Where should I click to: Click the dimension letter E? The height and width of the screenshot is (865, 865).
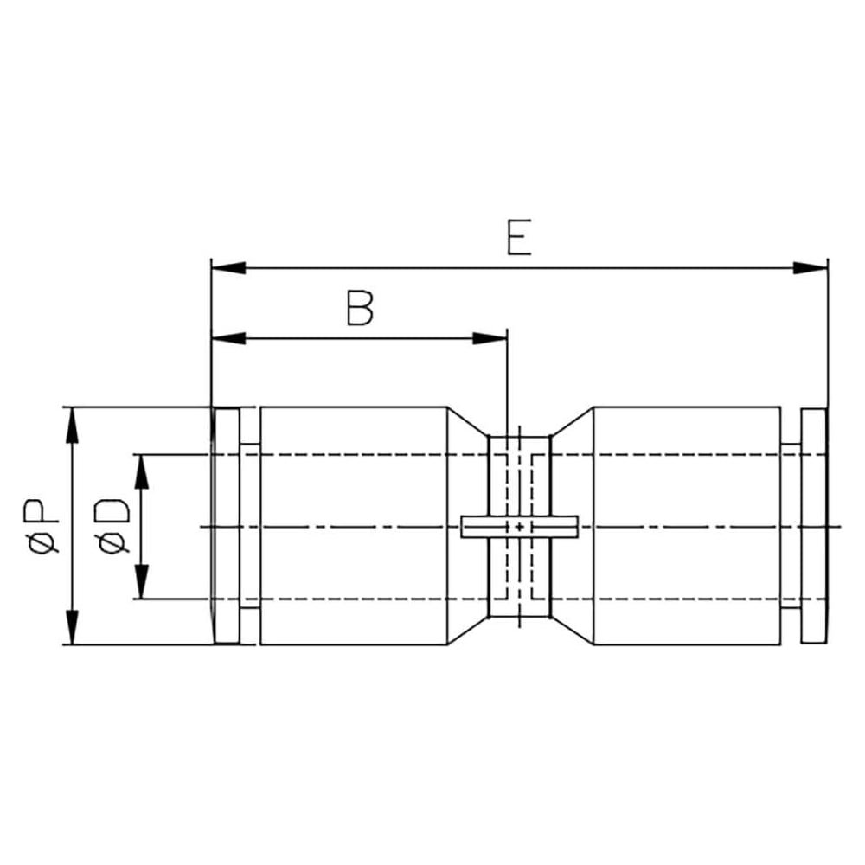(x=519, y=238)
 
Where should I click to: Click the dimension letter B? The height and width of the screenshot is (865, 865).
(x=360, y=307)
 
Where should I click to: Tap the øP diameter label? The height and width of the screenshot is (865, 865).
(x=41, y=526)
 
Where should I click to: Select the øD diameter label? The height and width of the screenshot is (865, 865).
(x=112, y=526)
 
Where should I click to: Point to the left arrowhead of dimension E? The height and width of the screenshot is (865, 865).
(x=228, y=268)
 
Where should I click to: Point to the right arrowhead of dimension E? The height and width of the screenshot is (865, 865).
(x=811, y=268)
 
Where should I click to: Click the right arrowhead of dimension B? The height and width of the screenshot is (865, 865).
(x=490, y=338)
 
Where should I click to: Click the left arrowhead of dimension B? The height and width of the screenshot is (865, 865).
(x=228, y=338)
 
